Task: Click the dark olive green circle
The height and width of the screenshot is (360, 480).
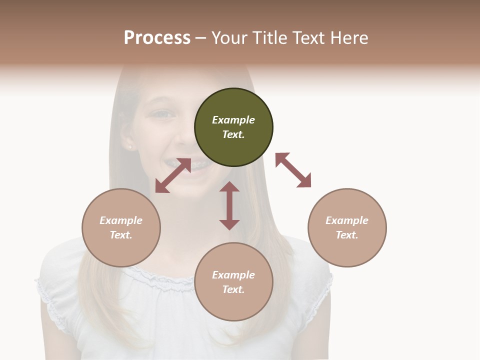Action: (233, 127)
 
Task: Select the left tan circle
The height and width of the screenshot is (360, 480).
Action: (121, 227)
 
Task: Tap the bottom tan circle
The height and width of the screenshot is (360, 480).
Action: (233, 281)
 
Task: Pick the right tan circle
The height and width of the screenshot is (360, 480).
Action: (347, 227)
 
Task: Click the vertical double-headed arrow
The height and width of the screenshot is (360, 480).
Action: (229, 205)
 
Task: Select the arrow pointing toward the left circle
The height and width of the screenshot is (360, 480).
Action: (173, 175)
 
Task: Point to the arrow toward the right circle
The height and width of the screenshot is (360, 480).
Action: (293, 170)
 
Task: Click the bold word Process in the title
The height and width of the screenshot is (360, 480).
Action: (157, 37)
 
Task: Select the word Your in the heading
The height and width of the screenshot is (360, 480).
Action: (229, 37)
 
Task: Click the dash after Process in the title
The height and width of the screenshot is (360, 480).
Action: (200, 38)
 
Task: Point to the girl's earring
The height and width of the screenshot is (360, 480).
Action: (130, 147)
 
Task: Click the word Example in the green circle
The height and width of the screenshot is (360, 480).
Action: (233, 120)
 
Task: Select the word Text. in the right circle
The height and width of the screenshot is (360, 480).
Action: (347, 235)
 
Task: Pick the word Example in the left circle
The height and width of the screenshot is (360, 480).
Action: (121, 220)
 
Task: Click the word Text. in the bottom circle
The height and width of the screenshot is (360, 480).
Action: (233, 289)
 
